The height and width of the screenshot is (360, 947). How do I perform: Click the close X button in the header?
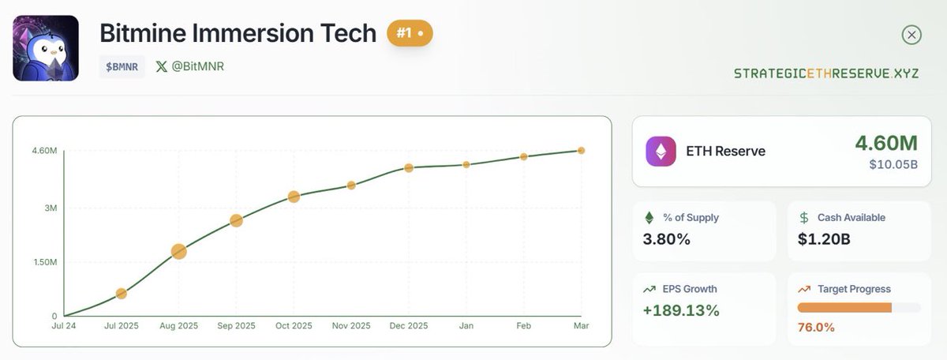click(x=911, y=35)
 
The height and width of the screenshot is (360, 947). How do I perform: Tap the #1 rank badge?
click(x=409, y=34)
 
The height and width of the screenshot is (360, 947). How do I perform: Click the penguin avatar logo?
click(x=45, y=47)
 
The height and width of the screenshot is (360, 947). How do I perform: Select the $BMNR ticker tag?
click(x=122, y=66)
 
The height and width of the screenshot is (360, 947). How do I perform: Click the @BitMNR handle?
click(x=190, y=66)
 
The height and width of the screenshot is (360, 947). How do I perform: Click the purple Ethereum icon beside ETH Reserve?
click(x=661, y=151)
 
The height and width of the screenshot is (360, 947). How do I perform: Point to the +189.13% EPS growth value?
click(x=681, y=310)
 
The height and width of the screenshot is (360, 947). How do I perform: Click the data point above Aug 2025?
click(x=178, y=252)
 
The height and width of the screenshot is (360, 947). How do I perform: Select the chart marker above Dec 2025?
click(x=409, y=168)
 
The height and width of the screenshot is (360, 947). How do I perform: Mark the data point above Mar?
click(x=581, y=150)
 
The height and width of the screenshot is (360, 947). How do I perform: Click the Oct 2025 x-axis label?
click(x=294, y=325)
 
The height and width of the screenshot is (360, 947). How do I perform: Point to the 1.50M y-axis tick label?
click(x=43, y=262)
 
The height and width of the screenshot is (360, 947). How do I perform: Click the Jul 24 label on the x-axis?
click(x=64, y=325)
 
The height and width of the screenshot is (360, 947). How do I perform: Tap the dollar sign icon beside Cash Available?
click(x=804, y=217)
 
